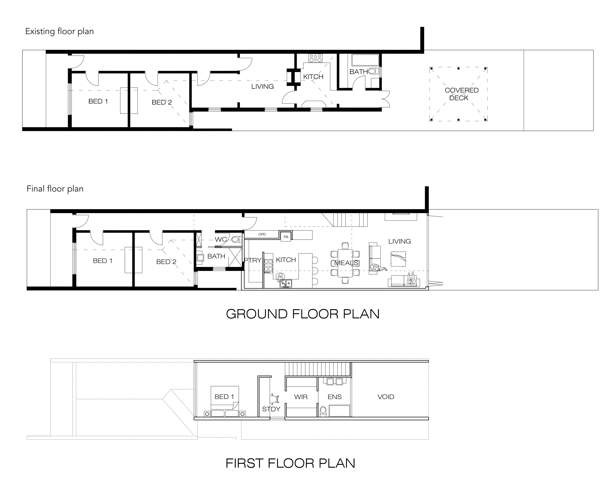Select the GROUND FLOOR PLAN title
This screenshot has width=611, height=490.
point(303,314)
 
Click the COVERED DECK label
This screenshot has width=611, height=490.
point(461,94)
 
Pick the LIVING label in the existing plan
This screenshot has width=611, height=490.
point(262,86)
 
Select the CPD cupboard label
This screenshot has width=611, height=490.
point(262,234)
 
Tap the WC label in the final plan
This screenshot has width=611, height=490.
point(221,240)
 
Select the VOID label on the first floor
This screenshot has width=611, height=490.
point(386,397)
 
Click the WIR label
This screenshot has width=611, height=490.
point(301,397)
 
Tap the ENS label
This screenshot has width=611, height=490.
point(334,397)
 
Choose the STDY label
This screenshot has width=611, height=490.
point(271,409)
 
